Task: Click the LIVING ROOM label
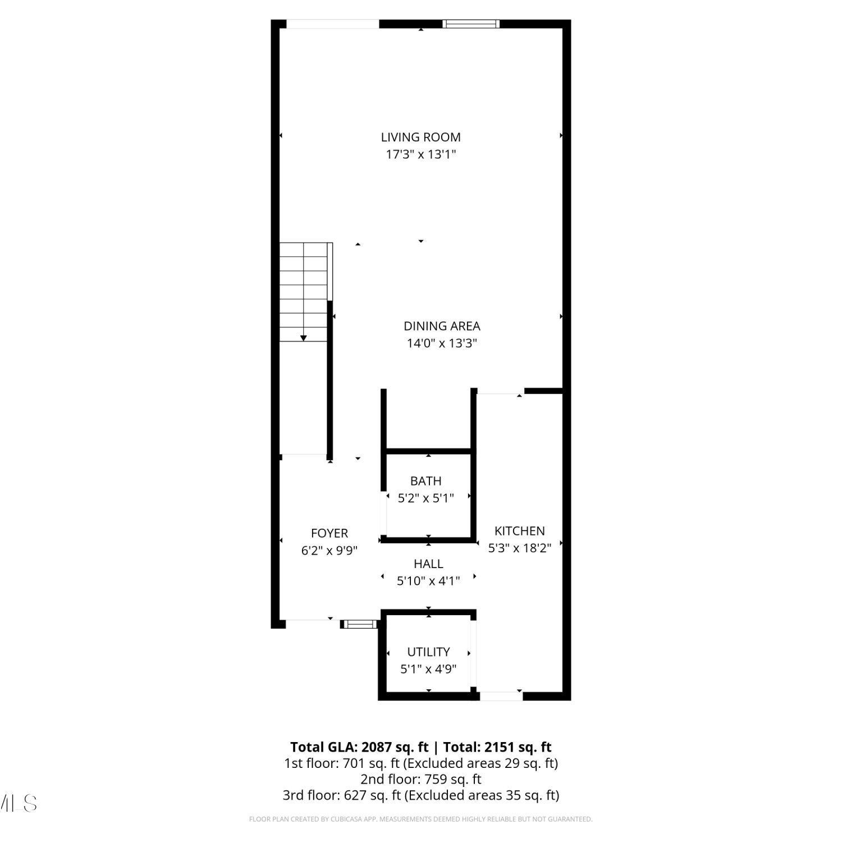420,137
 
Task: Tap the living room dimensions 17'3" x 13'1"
420,154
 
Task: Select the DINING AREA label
442,326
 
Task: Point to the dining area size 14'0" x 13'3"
442,344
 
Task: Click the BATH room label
425,481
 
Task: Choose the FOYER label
330,533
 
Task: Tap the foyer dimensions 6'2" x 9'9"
330,551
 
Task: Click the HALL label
428,564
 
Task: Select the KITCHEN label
519,531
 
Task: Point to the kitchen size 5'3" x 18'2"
519,548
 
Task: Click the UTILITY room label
428,652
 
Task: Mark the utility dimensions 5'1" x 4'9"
428,669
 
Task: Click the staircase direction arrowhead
304,338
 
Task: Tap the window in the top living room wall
470,24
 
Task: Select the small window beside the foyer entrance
360,624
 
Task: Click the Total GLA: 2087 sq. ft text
359,747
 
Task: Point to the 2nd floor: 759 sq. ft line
420,779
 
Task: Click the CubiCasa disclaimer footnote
420,820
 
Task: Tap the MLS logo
19,803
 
